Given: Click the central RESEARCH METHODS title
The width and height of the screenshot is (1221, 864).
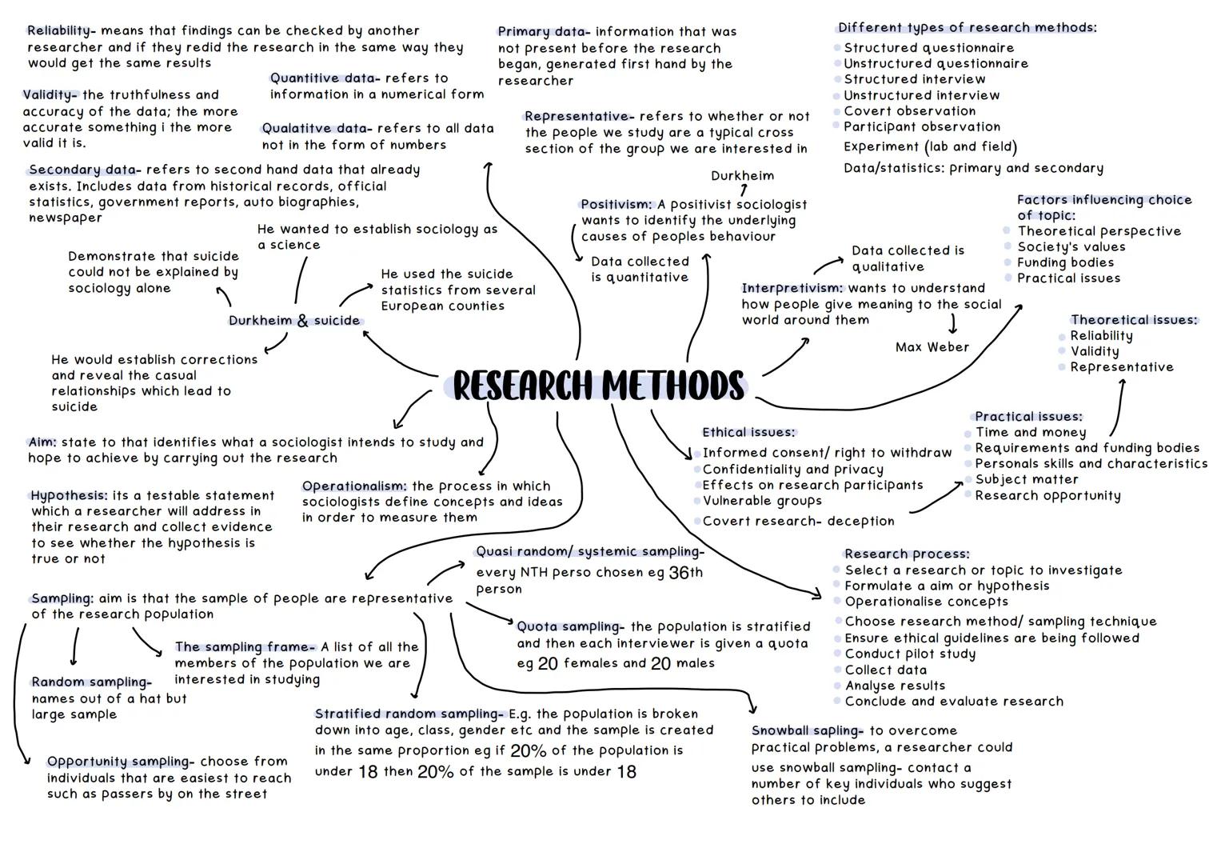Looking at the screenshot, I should pos(598,386).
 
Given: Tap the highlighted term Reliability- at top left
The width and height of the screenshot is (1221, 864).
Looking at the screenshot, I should pos(61,31).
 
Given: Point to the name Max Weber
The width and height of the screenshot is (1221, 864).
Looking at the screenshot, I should pos(932,347).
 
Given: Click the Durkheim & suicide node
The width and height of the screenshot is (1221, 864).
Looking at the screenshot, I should pos(294,321).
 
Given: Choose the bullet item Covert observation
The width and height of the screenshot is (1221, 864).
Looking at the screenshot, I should pos(909,111).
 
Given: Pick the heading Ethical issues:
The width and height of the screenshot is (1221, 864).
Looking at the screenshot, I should pos(748,433).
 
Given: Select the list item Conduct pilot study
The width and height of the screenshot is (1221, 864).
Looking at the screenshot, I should pos(910,654).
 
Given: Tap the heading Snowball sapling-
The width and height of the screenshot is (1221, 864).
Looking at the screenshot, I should pos(807,730).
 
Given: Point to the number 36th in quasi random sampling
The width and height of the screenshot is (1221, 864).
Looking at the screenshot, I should pos(685,573).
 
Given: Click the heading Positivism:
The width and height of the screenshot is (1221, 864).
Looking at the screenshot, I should pos(616,205).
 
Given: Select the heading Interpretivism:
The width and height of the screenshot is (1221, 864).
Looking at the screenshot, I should pos(792,288).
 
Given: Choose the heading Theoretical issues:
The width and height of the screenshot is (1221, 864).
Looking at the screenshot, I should pos(1134,320).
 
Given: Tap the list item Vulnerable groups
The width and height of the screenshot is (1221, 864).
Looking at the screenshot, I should pos(761,501).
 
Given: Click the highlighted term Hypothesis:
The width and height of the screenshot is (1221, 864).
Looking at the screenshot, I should pos(69,496).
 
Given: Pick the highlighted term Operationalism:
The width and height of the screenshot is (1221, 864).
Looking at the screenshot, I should pos(354,486).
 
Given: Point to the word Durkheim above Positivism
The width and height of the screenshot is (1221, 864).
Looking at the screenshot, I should pos(742,176).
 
